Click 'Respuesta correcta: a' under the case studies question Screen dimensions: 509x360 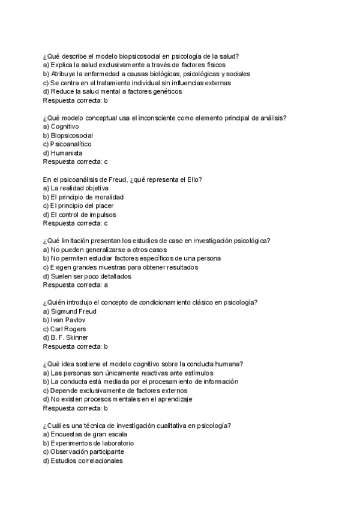tap(76, 285)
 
